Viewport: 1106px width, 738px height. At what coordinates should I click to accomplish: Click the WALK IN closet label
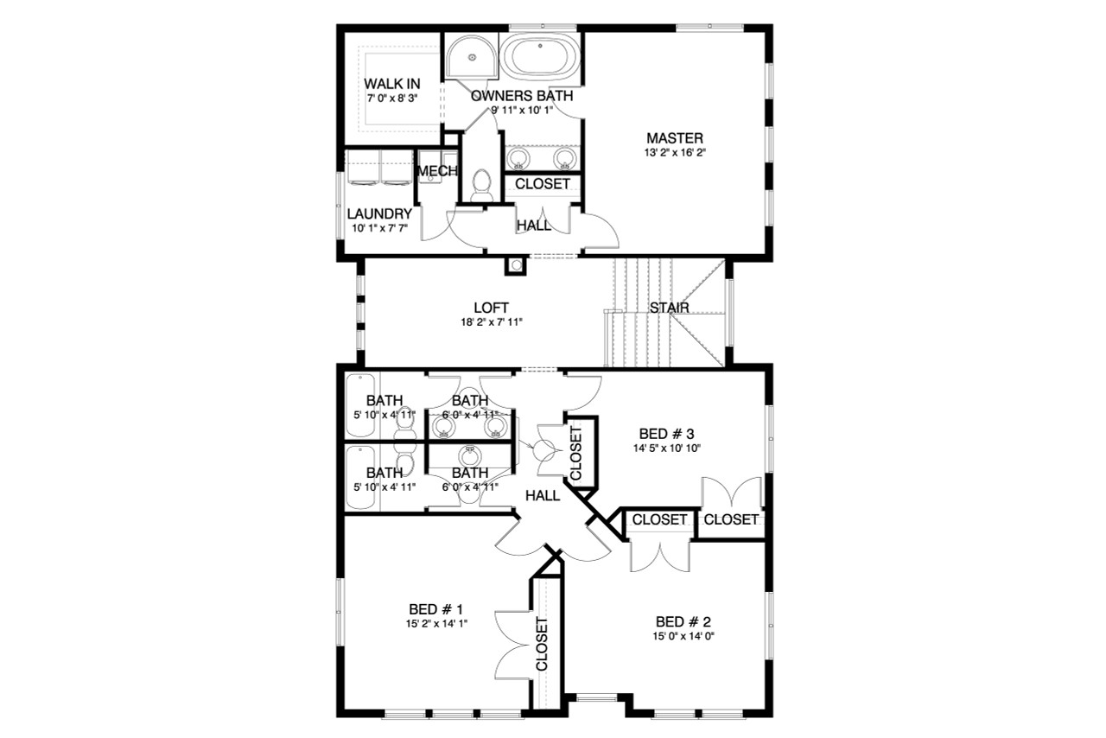(391, 83)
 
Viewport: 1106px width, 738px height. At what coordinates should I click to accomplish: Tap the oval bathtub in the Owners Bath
(541, 56)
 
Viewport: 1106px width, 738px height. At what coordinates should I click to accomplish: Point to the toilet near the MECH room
(481, 184)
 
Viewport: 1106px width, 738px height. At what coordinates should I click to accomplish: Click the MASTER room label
(674, 138)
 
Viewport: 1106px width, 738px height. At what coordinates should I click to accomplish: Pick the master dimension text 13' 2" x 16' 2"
(674, 153)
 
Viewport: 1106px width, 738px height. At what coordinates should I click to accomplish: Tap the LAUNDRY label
(378, 213)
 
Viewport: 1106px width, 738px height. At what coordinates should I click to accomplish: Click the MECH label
(436, 172)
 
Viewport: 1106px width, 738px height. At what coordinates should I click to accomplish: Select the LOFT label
(491, 308)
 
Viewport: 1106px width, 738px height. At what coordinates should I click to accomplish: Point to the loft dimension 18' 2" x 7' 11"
(491, 321)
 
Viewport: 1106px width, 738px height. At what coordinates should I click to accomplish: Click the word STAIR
(668, 308)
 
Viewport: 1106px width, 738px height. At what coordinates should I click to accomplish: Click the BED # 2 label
(683, 621)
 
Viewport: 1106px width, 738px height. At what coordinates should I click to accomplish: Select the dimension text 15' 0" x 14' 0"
(683, 636)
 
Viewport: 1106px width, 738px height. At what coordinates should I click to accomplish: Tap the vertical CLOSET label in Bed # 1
(543, 644)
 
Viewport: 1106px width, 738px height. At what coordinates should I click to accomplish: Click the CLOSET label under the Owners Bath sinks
(543, 184)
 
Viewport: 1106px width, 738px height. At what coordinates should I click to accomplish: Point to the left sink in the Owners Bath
(518, 158)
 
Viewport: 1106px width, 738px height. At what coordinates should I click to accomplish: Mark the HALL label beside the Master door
(534, 226)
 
